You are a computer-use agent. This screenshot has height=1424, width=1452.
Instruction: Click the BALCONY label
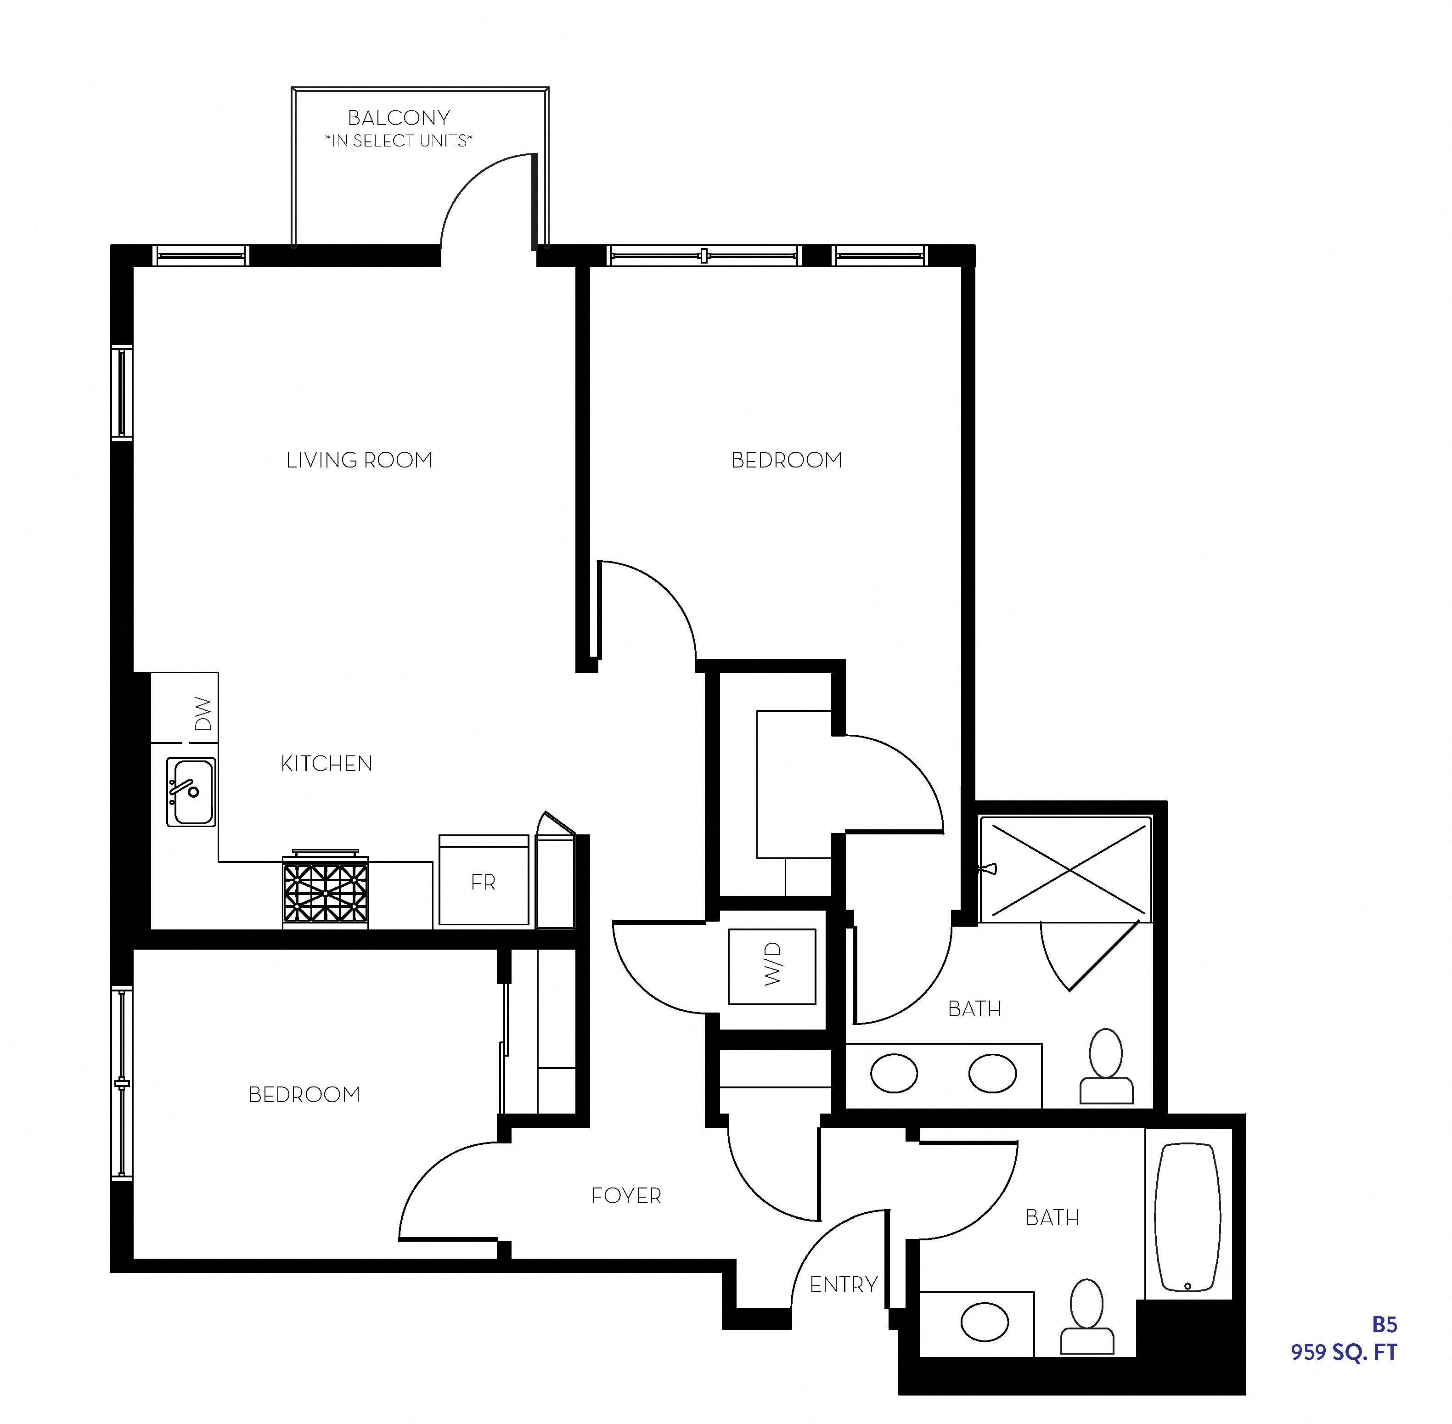(399, 118)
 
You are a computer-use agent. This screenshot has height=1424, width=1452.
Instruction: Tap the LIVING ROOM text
(359, 460)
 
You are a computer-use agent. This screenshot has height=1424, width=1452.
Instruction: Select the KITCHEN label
(326, 764)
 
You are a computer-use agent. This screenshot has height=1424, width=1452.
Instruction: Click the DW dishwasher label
(203, 714)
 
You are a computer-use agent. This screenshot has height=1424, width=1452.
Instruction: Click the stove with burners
(326, 892)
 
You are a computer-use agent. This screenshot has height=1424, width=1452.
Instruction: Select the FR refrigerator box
(483, 882)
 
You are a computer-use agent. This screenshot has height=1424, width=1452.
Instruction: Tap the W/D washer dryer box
(772, 966)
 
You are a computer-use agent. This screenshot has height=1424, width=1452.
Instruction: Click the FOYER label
(626, 1196)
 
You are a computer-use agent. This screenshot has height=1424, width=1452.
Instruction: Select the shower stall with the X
(1068, 870)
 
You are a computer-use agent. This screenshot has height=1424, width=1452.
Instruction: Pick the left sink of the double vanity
(894, 1073)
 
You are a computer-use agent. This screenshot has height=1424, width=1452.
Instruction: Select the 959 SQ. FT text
(1344, 1353)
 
